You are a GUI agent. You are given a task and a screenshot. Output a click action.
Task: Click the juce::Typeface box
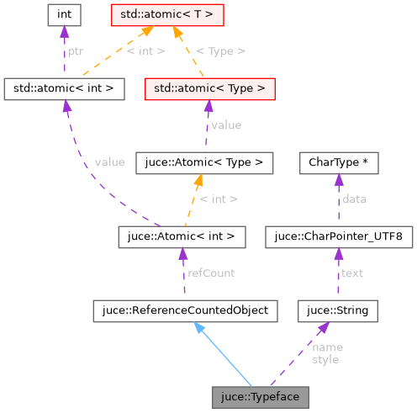[260, 395]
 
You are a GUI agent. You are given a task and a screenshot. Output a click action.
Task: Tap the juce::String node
[338, 310]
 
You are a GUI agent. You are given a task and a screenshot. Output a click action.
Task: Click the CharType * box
[338, 162]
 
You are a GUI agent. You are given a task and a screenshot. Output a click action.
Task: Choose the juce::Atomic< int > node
[182, 237]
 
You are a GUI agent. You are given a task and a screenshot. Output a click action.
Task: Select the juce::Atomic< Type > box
[203, 162]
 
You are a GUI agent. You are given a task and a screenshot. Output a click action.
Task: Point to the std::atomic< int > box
[64, 87]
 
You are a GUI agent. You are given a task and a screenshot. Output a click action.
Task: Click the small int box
[64, 13]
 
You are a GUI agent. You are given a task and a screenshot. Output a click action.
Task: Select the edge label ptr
[75, 50]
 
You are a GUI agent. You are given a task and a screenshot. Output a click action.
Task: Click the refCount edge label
[210, 273]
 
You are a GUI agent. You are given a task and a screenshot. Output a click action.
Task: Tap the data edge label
[354, 199]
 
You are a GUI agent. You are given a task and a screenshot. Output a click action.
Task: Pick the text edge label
[351, 273]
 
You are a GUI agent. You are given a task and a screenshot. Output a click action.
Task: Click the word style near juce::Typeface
[325, 359]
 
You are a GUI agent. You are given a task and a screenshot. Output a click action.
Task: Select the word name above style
[327, 347]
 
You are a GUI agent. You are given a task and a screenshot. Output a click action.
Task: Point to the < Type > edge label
[220, 50]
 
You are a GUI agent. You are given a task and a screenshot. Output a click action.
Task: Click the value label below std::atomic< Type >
[225, 125]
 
